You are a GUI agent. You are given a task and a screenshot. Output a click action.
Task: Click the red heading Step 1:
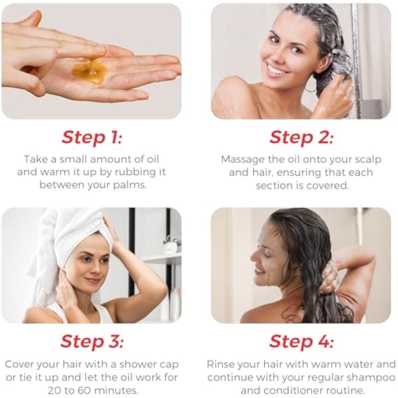click(x=92, y=138)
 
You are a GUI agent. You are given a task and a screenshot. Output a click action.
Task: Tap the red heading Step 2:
click(x=301, y=138)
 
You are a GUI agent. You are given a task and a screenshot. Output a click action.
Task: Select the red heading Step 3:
click(x=92, y=341)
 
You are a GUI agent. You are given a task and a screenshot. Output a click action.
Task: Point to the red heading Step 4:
click(x=301, y=341)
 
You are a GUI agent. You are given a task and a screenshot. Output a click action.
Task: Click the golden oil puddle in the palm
click(x=90, y=71)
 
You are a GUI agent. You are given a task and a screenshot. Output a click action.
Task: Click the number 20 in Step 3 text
click(x=54, y=390)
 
